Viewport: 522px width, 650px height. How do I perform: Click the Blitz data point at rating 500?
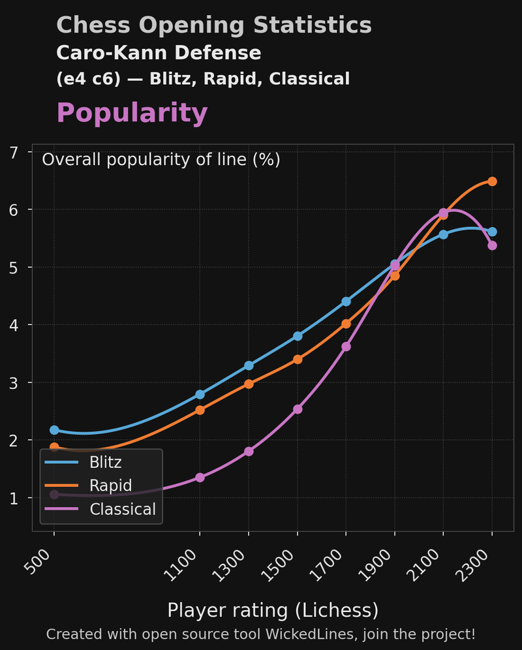pos(54,430)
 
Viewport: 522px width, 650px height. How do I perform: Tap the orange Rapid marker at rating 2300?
pos(492,181)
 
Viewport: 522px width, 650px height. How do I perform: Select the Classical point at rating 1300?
pos(249,452)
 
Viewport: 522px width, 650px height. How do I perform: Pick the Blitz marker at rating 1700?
pos(346,302)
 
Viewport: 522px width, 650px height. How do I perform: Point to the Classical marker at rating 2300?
pos(492,245)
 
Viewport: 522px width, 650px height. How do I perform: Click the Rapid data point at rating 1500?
pos(298,359)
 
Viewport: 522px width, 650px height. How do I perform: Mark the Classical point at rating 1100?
pos(200,478)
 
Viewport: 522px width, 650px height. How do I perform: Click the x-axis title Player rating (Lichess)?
pos(273,610)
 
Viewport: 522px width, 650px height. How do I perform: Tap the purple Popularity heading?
pos(132,114)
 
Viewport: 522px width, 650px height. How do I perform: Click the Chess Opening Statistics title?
pos(214,25)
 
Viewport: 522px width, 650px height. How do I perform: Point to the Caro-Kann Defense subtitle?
pos(159,53)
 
